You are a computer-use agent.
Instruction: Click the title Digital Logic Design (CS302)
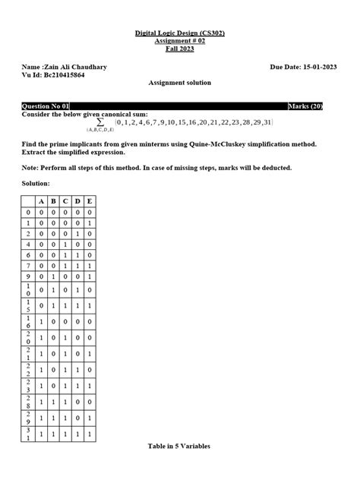(179, 33)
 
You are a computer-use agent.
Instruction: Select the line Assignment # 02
(179, 41)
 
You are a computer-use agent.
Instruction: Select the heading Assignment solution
(179, 83)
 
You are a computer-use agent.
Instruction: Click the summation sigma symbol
(100, 122)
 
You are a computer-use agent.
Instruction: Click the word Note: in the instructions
(31, 167)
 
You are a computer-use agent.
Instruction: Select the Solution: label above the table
(36, 183)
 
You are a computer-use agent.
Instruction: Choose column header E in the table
(90, 201)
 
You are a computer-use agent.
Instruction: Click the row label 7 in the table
(29, 267)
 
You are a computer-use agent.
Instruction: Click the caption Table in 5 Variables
(179, 446)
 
